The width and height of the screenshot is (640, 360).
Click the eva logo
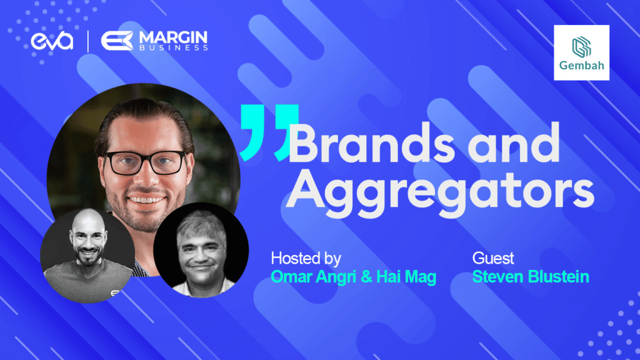(52, 41)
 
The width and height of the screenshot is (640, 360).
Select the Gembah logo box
(581, 52)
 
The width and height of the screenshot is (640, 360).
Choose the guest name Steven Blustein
(531, 276)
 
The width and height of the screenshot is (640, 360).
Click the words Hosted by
(306, 258)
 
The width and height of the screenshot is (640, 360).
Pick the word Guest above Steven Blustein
(493, 258)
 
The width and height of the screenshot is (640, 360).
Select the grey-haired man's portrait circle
(201, 249)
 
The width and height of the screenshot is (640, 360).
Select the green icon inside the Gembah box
(581, 46)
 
